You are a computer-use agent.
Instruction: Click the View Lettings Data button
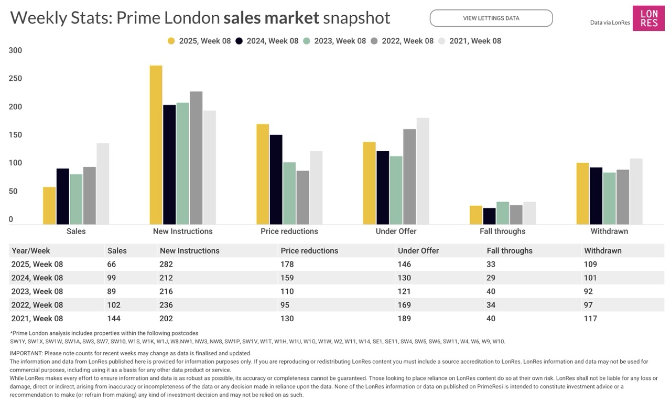(x=491, y=18)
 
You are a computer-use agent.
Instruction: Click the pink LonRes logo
(x=648, y=18)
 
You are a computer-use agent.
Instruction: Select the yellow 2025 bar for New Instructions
(x=156, y=145)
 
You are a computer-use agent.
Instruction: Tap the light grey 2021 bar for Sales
(x=103, y=184)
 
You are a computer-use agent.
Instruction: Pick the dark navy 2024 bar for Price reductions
(x=276, y=180)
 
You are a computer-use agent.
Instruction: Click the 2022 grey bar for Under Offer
(x=409, y=177)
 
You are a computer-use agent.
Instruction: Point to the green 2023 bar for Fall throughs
(x=503, y=213)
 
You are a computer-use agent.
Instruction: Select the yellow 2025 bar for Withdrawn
(x=582, y=194)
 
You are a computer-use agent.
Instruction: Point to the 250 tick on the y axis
(x=15, y=79)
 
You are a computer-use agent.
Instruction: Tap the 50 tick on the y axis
(x=13, y=192)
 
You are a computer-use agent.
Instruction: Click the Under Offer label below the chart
(x=396, y=231)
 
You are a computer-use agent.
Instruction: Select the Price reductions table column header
(x=309, y=251)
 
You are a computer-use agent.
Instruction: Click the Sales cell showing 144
(x=114, y=319)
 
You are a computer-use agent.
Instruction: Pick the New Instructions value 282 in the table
(x=166, y=264)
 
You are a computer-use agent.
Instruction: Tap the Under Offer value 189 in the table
(x=404, y=319)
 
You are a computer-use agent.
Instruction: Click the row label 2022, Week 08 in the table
(x=37, y=305)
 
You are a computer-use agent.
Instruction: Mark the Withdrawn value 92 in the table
(x=588, y=291)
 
